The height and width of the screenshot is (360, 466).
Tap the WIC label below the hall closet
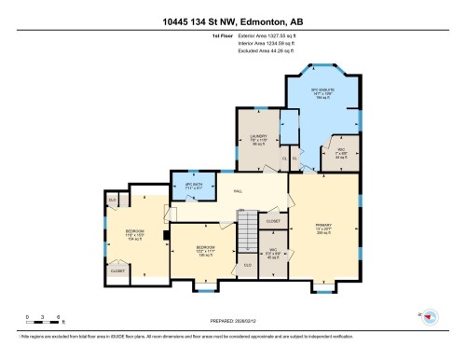point(273,252)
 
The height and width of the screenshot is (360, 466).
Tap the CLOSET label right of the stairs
point(273,221)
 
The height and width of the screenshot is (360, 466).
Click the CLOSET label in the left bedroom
point(118,270)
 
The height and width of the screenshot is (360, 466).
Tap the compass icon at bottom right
point(430,318)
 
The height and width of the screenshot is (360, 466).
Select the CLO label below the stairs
point(247,265)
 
